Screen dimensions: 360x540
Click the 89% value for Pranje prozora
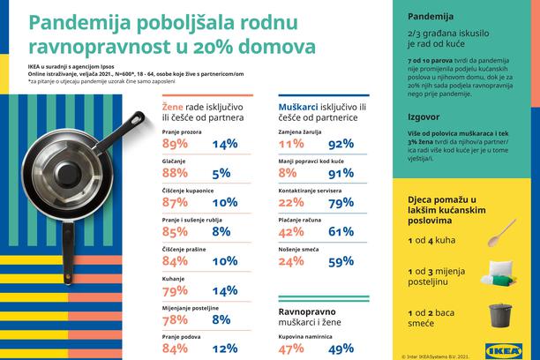[x=176, y=144]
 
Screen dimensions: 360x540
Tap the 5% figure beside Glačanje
[x=221, y=175]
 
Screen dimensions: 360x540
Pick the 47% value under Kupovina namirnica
[x=292, y=349]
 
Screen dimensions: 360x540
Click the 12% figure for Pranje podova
[x=225, y=349]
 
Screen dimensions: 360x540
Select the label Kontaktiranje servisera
[x=309, y=190]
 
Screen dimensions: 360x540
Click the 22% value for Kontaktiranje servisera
[x=292, y=204]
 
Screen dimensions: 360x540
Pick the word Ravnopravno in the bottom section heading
[x=308, y=311]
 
